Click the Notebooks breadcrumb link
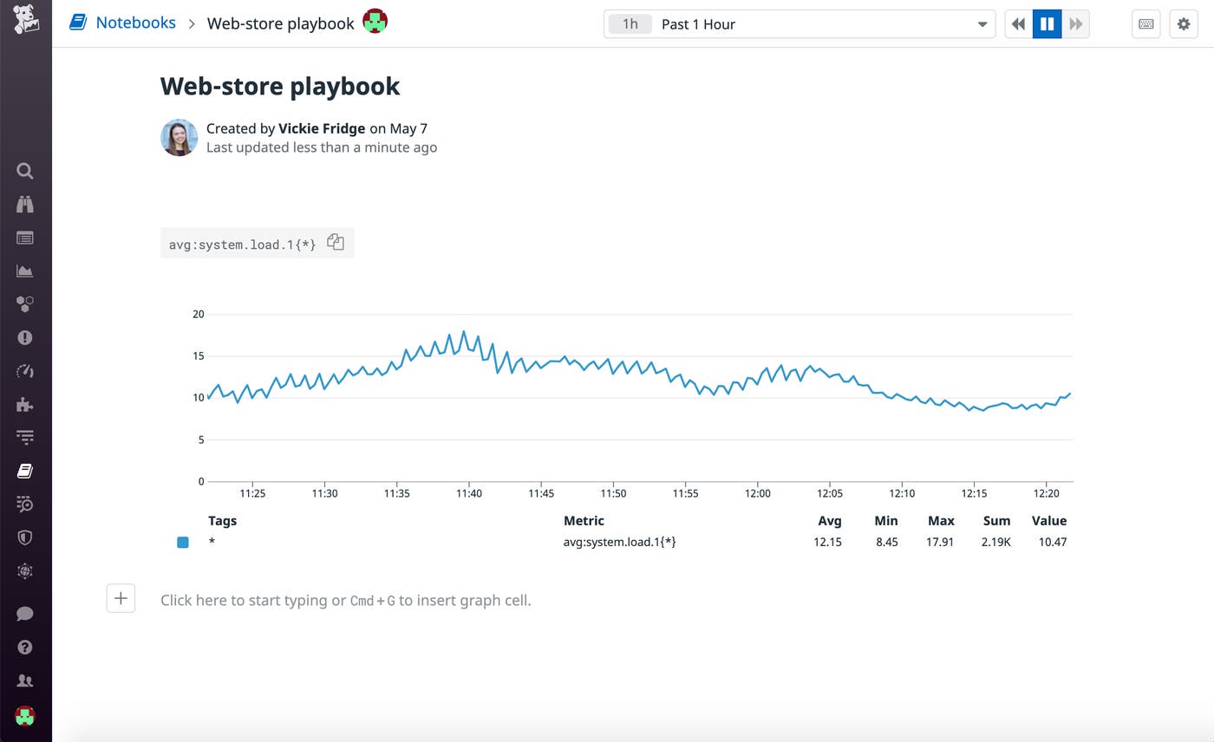pos(135,23)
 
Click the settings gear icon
pos(1184,24)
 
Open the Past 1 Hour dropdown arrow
pos(982,24)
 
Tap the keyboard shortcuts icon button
pos(1145,24)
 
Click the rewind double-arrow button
pos(1019,24)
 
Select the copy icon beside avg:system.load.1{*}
pos(336,243)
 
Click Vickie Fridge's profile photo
pos(179,138)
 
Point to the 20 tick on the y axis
pos(199,314)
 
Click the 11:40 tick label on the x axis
pos(469,493)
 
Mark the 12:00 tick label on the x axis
pos(758,493)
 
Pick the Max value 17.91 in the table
pos(940,542)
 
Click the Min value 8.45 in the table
pos(886,542)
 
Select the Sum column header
pos(996,521)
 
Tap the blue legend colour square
pos(183,543)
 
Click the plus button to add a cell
pos(121,598)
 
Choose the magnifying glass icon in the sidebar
pos(25,171)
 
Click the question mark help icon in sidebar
pos(25,647)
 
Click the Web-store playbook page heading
pos(280,86)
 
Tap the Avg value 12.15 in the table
pos(827,542)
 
